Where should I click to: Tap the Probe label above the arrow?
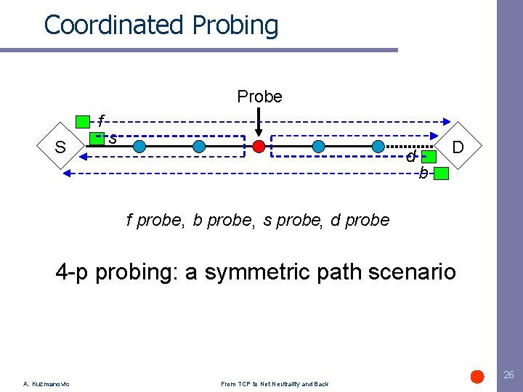click(259, 97)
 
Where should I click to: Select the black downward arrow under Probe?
click(259, 122)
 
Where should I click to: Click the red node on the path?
click(259, 147)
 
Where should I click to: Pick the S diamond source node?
click(61, 147)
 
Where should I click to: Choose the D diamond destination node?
click(458, 147)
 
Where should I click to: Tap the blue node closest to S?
click(139, 147)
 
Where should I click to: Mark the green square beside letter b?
click(442, 173)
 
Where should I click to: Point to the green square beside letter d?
click(429, 156)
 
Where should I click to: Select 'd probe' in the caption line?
click(360, 220)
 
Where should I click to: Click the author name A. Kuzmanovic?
click(46, 384)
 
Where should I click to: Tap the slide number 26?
click(508, 375)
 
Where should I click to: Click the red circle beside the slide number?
click(477, 376)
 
